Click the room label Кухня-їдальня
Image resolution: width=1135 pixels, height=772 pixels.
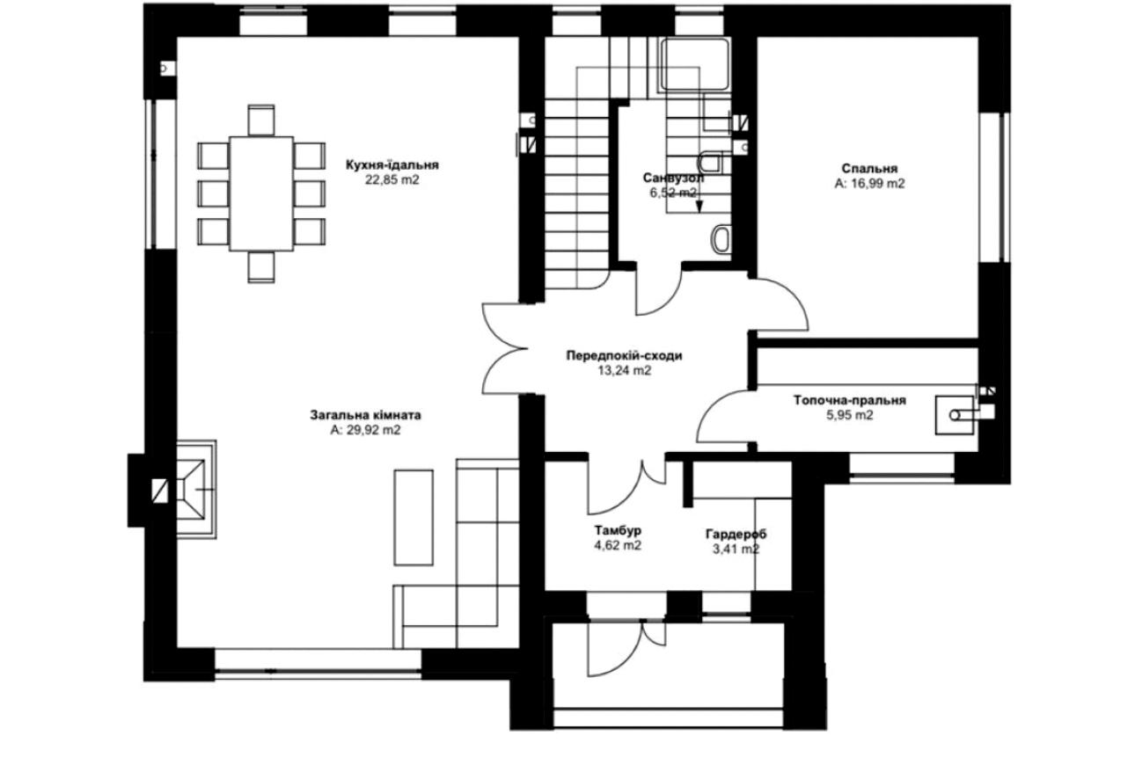tap(392, 164)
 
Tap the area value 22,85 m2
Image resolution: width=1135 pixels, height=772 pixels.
tap(392, 181)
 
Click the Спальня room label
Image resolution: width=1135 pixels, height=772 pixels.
tap(869, 168)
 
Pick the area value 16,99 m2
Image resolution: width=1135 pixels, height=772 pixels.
tap(869, 184)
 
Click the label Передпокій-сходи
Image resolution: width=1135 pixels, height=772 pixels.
tap(624, 356)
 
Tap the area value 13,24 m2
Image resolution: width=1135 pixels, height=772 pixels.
tap(624, 371)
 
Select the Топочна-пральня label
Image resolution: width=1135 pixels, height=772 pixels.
tap(849, 400)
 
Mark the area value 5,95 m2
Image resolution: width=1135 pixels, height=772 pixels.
tap(849, 416)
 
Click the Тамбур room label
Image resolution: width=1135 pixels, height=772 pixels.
tap(617, 530)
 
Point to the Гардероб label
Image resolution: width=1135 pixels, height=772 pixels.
tap(736, 534)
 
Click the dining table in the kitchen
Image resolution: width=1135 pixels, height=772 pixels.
tap(260, 192)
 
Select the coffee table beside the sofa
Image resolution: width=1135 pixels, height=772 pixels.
tap(413, 518)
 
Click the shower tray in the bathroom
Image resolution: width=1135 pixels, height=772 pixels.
tap(696, 64)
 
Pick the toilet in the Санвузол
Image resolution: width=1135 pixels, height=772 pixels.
tap(720, 239)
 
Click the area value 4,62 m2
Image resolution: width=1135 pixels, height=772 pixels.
tap(617, 545)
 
